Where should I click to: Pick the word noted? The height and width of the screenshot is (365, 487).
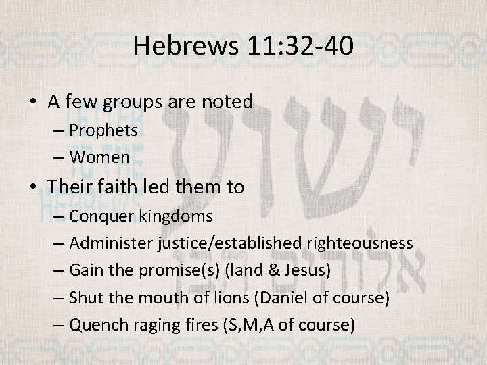[228, 102]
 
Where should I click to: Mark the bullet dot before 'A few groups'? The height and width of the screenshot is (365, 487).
[34, 103]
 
